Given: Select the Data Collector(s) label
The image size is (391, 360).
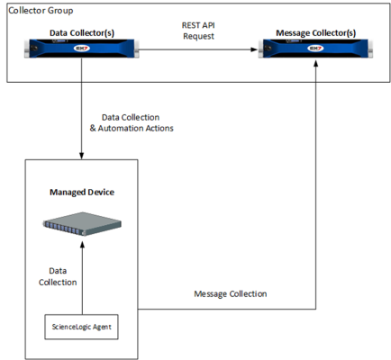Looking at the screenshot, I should pos(82,31).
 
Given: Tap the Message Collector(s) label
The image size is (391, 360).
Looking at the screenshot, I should pos(316,31).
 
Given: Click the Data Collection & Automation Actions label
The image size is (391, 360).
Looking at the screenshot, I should pos(137,122).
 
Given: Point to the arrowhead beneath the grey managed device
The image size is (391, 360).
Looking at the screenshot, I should pos(82,248).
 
